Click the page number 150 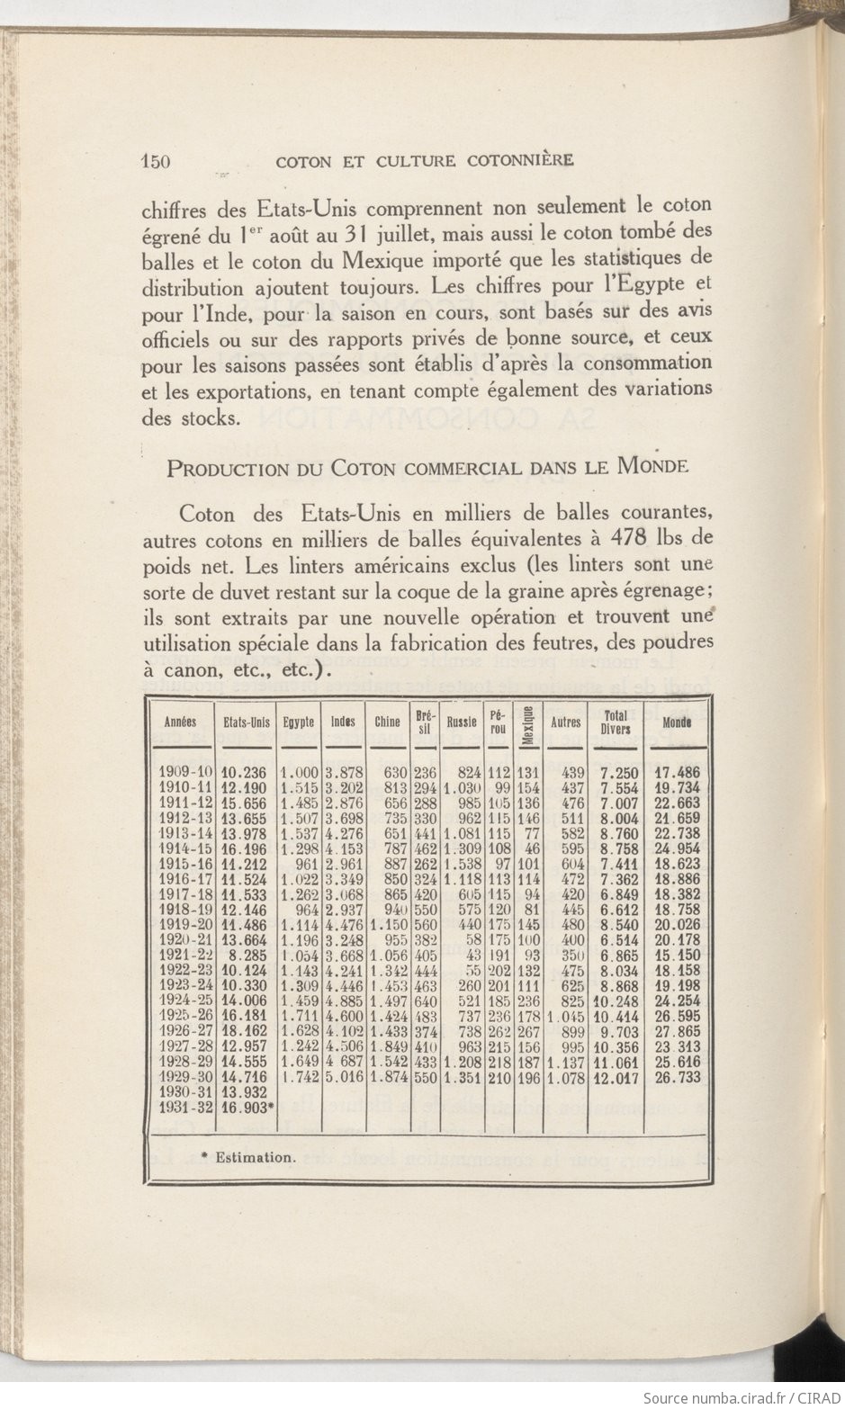(x=157, y=161)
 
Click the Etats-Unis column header (x=247, y=722)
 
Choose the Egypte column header (x=299, y=722)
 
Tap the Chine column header (x=387, y=722)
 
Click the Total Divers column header (x=616, y=722)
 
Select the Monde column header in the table (x=677, y=722)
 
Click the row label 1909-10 (x=185, y=772)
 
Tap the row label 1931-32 (x=185, y=1108)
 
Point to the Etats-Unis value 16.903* (x=247, y=1108)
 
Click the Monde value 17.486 (x=677, y=772)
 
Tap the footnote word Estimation (x=255, y=1157)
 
